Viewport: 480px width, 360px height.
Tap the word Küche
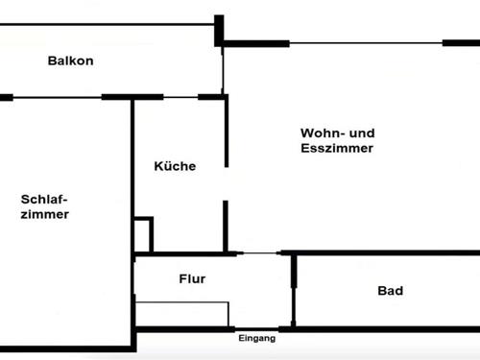point(175,166)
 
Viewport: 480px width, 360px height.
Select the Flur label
point(192,279)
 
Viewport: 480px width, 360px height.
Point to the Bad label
point(390,291)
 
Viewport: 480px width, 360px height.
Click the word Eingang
point(256,339)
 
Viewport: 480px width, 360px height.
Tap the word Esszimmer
point(336,149)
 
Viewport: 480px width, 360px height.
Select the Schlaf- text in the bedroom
point(44,199)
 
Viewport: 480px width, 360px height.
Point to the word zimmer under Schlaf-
point(44,214)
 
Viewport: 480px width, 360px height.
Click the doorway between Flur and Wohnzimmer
point(258,253)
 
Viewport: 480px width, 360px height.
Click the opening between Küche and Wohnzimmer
point(226,182)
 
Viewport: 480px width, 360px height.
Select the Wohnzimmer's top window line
point(365,42)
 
